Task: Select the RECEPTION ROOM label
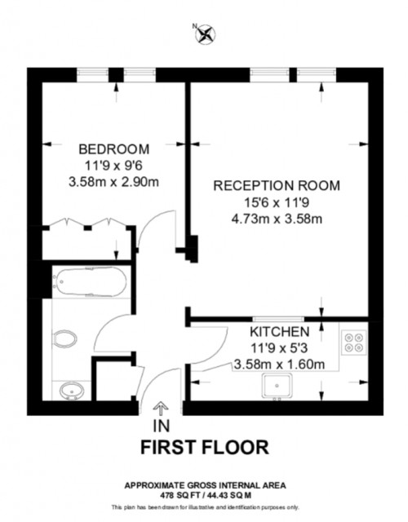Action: click(x=277, y=185)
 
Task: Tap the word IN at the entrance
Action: click(x=161, y=426)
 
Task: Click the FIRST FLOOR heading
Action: click(x=204, y=447)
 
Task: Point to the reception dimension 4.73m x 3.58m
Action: click(x=277, y=218)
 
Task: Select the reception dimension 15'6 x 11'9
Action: click(x=277, y=201)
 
